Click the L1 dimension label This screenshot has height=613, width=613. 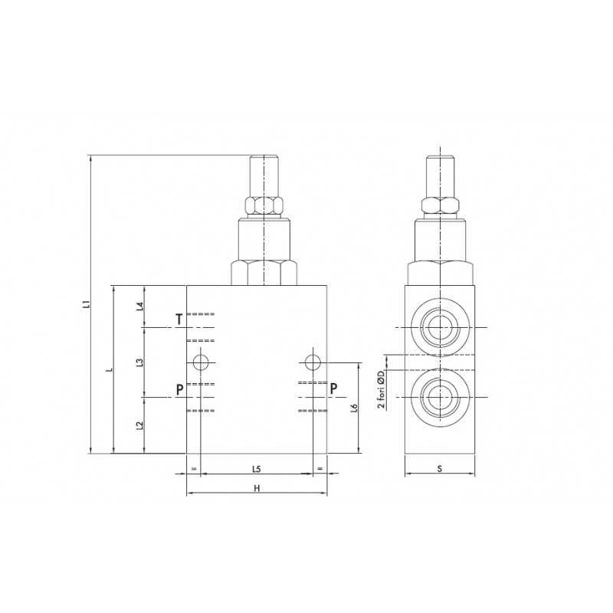click(88, 304)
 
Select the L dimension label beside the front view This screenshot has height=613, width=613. click(111, 369)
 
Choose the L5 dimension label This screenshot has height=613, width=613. click(256, 469)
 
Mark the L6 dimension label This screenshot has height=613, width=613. click(354, 408)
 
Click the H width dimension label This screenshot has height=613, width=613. click(257, 488)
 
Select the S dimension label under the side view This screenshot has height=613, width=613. click(440, 468)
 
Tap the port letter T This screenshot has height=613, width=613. click(179, 320)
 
